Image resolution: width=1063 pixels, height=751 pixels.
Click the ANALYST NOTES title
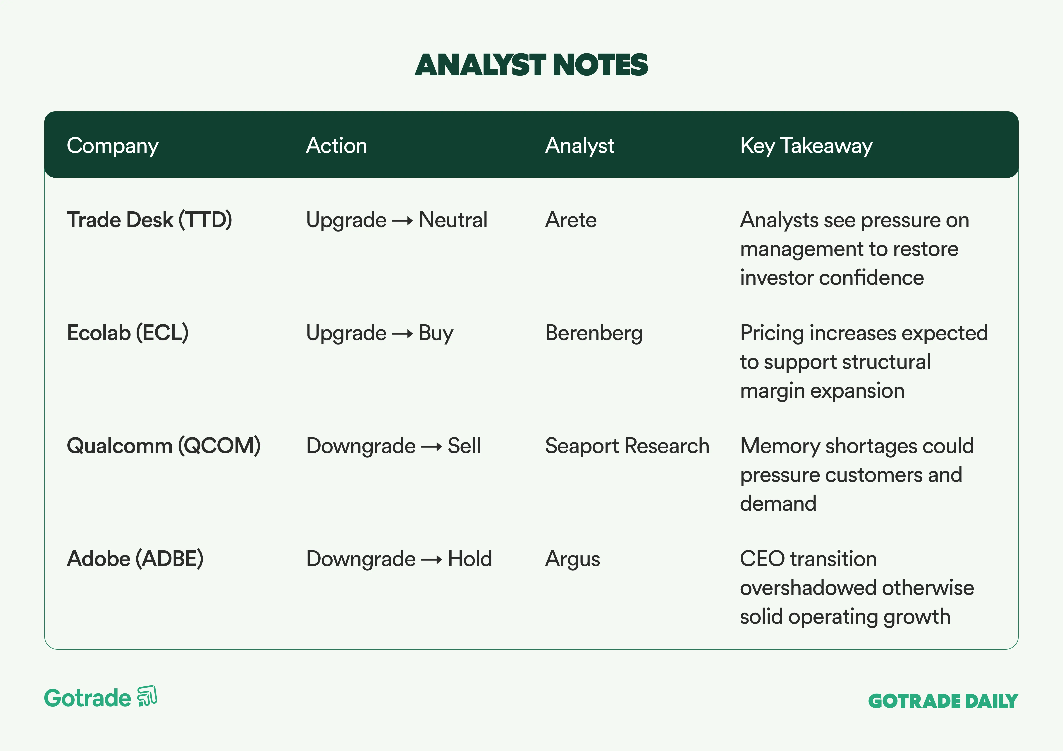tap(531, 65)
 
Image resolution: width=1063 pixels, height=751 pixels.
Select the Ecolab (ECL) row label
tap(128, 333)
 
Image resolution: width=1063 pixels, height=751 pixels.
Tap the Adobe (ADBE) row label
tap(135, 559)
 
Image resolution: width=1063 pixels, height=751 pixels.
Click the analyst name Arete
tap(571, 220)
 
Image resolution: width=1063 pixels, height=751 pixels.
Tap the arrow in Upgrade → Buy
tap(402, 334)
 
